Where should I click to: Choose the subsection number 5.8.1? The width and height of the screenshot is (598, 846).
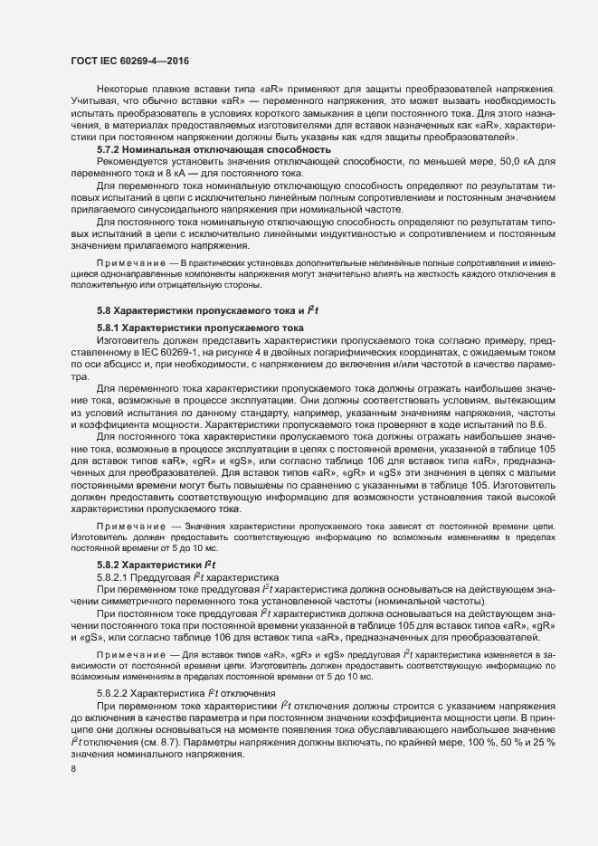click(108, 327)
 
